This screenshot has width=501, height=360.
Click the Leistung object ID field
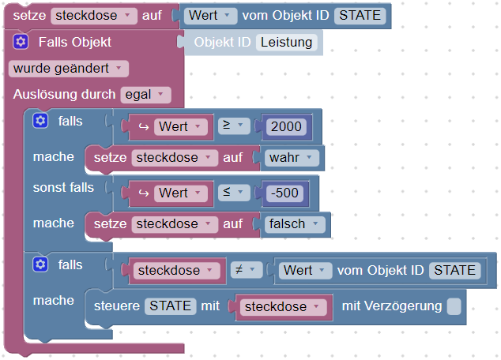click(x=287, y=43)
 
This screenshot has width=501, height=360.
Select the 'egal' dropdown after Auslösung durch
click(x=145, y=95)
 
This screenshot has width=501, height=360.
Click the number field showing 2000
click(x=285, y=126)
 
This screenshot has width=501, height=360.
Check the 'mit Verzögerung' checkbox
click(x=454, y=306)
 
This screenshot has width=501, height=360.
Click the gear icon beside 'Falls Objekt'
click(x=21, y=42)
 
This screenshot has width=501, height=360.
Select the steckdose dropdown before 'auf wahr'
click(x=175, y=158)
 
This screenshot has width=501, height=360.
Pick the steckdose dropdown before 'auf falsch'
click(x=175, y=224)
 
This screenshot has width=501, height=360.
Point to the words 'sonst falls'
click(x=63, y=188)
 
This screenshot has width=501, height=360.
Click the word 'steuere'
click(x=117, y=306)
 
